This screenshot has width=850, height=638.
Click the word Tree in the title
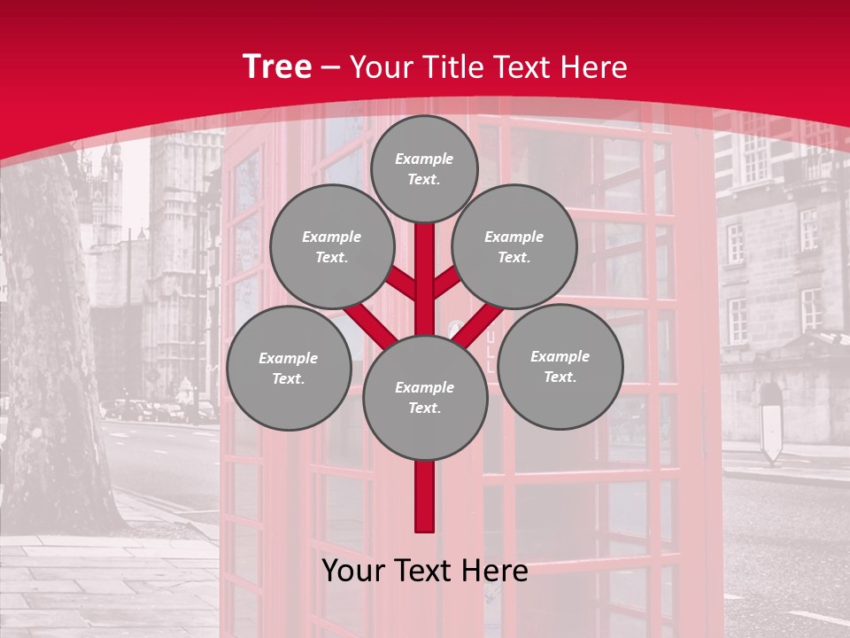[x=277, y=67]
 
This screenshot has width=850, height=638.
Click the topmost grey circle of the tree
[x=424, y=168]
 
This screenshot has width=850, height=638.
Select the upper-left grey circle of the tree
[x=331, y=246]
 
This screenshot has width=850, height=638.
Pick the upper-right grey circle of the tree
[x=514, y=246]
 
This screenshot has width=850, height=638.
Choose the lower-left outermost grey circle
[x=289, y=368]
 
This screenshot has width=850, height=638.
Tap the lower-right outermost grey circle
[x=560, y=366]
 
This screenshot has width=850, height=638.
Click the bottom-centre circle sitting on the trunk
[x=425, y=398]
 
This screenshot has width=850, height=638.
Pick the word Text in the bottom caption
[x=427, y=571]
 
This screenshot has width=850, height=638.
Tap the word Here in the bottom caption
[x=497, y=571]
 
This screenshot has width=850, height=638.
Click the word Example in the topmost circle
[x=424, y=159]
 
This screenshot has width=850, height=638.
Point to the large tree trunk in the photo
[x=53, y=354]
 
